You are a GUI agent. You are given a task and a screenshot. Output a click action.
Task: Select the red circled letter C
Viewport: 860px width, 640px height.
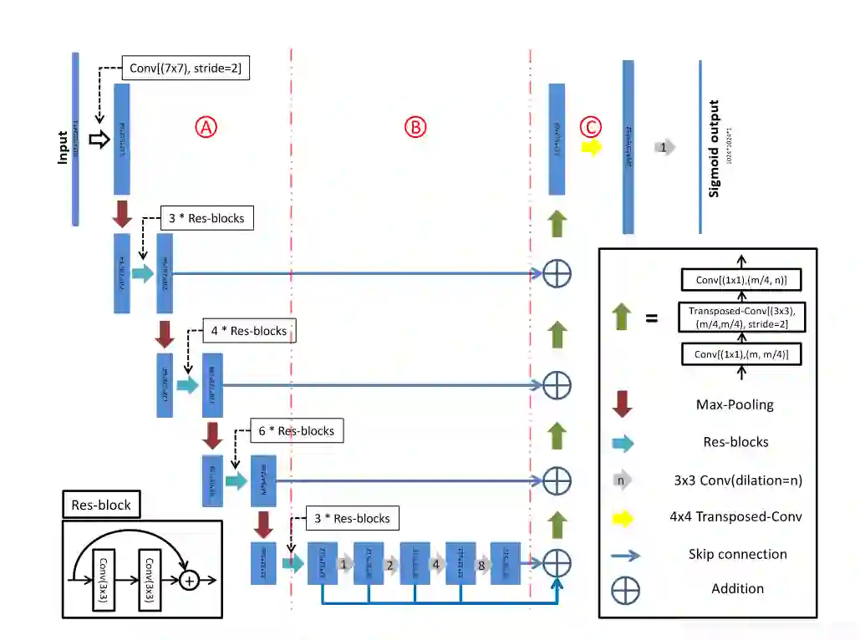coord(591,127)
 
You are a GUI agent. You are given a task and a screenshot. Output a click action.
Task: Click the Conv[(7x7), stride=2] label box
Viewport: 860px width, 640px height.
coord(186,69)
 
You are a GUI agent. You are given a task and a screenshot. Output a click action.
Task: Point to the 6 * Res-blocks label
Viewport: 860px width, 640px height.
coord(296,431)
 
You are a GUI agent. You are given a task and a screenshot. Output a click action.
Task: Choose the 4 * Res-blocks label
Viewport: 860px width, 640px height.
coord(249,331)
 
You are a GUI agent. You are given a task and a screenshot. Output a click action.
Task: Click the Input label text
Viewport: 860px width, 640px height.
coord(63,145)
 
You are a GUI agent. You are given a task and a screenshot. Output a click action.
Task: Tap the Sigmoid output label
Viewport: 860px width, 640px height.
coord(714,149)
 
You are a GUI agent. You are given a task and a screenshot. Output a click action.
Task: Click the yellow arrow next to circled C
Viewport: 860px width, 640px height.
coord(592,147)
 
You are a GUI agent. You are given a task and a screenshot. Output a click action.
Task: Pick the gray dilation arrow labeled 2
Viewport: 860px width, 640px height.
coord(389,564)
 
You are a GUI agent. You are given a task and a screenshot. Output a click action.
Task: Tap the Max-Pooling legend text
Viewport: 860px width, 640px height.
coord(735,405)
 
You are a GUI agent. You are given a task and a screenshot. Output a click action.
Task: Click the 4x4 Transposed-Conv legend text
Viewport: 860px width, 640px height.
coord(735,516)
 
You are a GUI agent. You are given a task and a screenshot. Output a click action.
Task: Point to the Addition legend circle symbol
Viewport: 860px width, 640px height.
coord(625,589)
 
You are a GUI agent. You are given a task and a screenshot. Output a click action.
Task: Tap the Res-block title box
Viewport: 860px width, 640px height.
coord(101,505)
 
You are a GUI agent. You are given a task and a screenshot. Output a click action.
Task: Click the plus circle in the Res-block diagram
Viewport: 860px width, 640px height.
coord(190,579)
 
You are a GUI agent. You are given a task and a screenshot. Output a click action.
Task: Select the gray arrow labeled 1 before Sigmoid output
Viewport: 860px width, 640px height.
coord(664,147)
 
